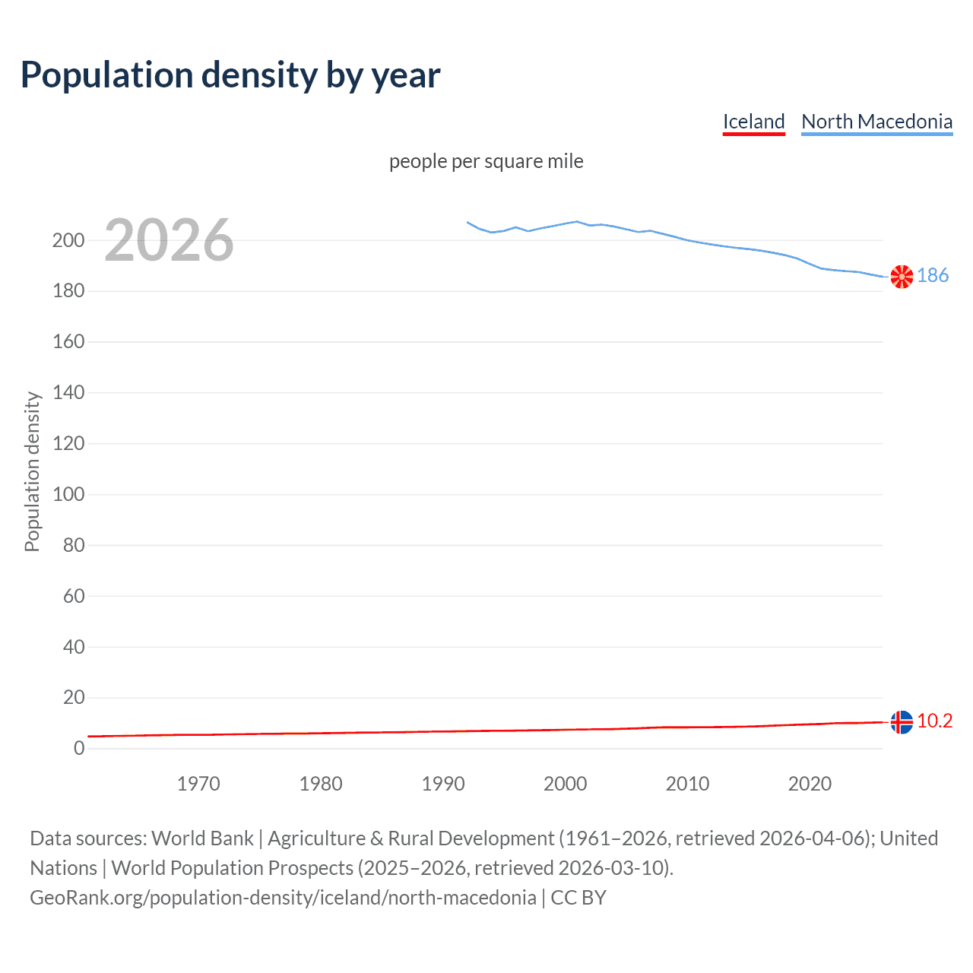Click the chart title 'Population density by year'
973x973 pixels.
pyautogui.click(x=230, y=74)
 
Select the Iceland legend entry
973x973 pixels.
pyautogui.click(x=753, y=122)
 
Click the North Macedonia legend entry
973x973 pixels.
pyautogui.click(x=876, y=122)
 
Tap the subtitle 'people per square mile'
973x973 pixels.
pyautogui.click(x=486, y=161)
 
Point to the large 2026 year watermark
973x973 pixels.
pyautogui.click(x=169, y=240)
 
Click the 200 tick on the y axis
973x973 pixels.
pyautogui.click(x=68, y=240)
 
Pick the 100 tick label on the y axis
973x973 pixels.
pyautogui.click(x=68, y=494)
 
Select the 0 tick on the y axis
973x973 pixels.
pyautogui.click(x=79, y=748)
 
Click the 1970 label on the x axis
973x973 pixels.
pyautogui.click(x=198, y=784)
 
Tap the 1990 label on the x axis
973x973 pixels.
pyautogui.click(x=443, y=784)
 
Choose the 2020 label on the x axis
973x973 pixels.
pyautogui.click(x=810, y=784)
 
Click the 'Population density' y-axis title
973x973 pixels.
pyautogui.click(x=32, y=471)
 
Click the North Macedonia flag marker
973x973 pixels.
pyautogui.click(x=902, y=277)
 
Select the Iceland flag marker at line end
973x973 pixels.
pyautogui.click(x=902, y=721)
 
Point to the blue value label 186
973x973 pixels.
pyautogui.click(x=933, y=275)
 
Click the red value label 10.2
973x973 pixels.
pyautogui.click(x=934, y=721)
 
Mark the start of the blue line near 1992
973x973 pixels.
pyautogui.click(x=467, y=222)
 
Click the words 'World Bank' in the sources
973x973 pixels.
pyautogui.click(x=202, y=838)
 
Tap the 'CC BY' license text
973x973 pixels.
pyautogui.click(x=578, y=898)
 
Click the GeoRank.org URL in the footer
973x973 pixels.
pyautogui.click(x=283, y=898)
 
